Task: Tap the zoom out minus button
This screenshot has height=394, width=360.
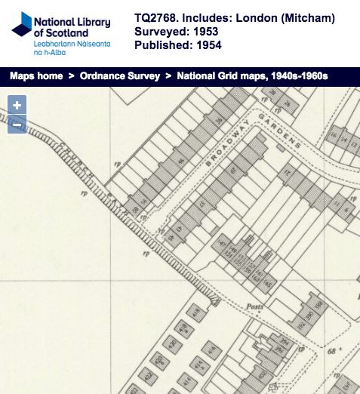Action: point(17,124)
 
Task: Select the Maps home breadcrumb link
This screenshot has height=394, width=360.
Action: point(36,76)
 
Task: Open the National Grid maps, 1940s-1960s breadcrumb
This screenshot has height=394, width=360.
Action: point(252,76)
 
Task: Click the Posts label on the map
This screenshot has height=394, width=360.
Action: point(255,307)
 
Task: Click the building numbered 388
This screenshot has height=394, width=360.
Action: point(318,305)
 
